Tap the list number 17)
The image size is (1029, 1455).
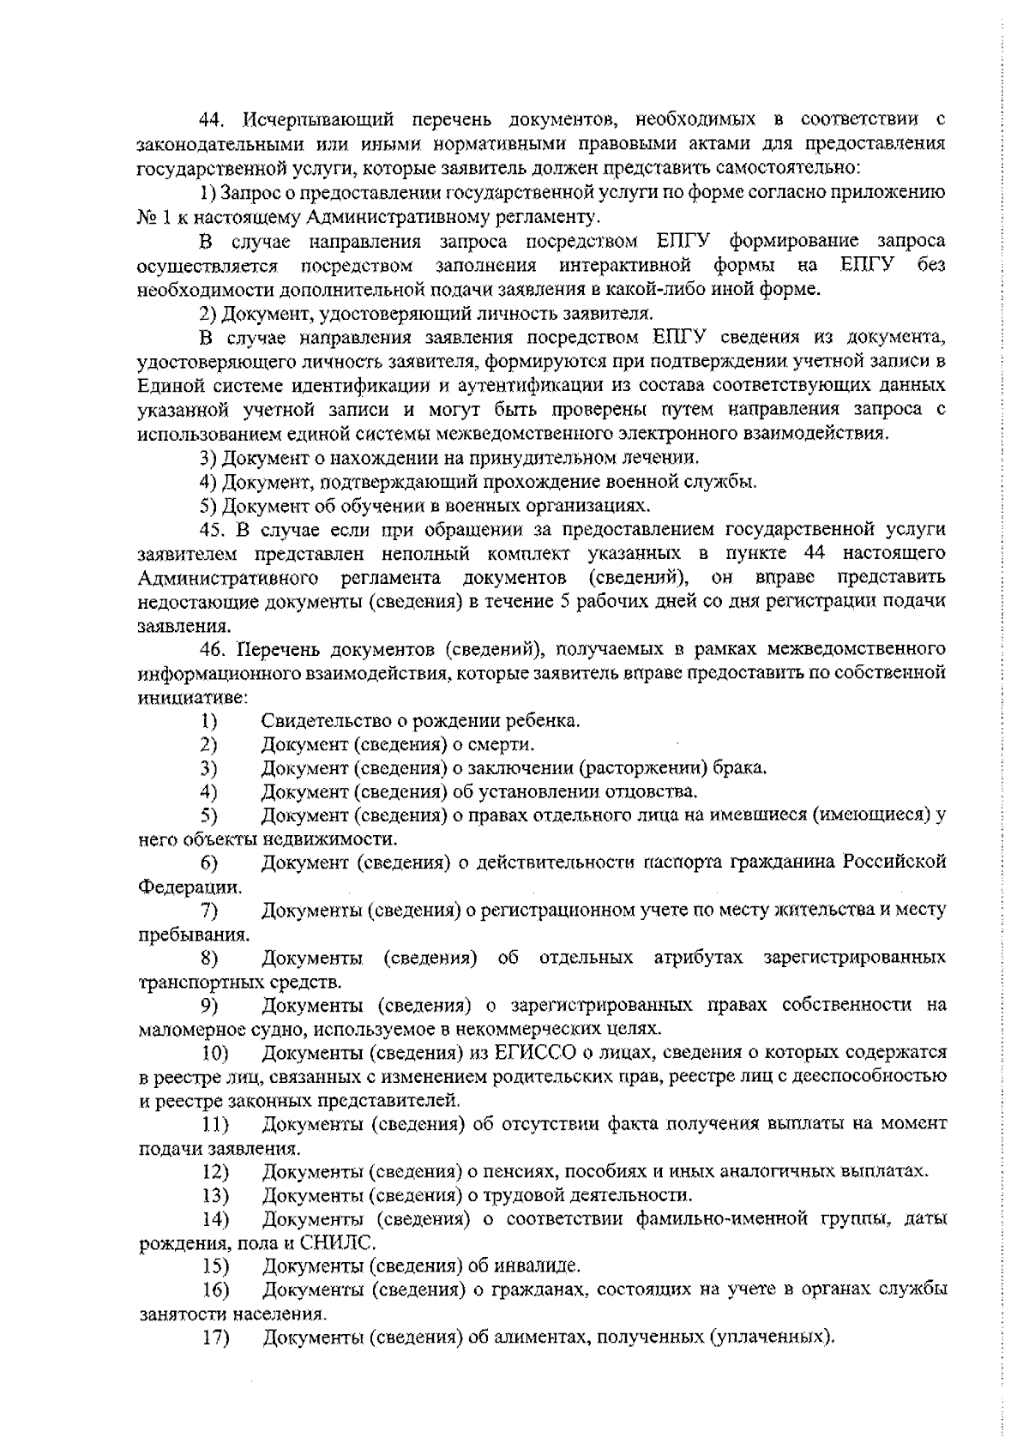[215, 1337]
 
